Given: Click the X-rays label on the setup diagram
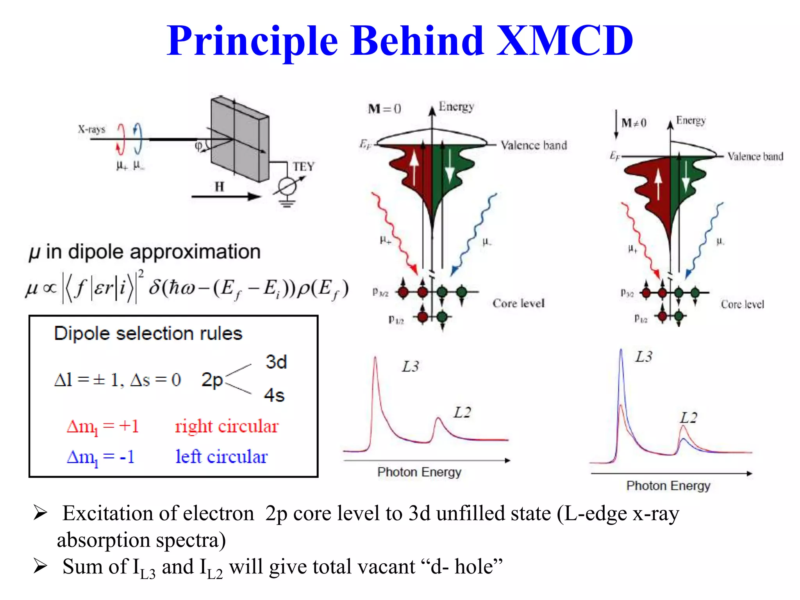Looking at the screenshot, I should pyautogui.click(x=91, y=129).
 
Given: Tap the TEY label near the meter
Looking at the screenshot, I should pyautogui.click(x=304, y=167).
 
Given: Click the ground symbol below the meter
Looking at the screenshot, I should pyautogui.click(x=287, y=203).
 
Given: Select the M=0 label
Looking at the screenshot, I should pyautogui.click(x=384, y=109).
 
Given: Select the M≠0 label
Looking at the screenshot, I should pyautogui.click(x=634, y=123).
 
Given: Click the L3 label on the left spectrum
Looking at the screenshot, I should pyautogui.click(x=411, y=366).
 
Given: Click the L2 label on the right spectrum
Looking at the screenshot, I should pyautogui.click(x=688, y=418).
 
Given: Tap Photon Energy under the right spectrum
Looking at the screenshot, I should pyautogui.click(x=668, y=486).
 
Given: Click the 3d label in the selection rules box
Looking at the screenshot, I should pyautogui.click(x=276, y=362).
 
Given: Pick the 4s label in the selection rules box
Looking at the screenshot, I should pyautogui.click(x=274, y=395).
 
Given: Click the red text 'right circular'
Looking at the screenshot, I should pyautogui.click(x=227, y=426).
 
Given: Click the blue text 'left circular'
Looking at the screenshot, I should pyautogui.click(x=221, y=457).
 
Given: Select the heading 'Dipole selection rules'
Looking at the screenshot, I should pyautogui.click(x=148, y=334).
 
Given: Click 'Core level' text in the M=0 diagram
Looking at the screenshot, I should pyautogui.click(x=518, y=304).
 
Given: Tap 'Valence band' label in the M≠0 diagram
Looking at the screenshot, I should pyautogui.click(x=755, y=157).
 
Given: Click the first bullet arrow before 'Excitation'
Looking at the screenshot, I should pyautogui.click(x=40, y=513).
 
